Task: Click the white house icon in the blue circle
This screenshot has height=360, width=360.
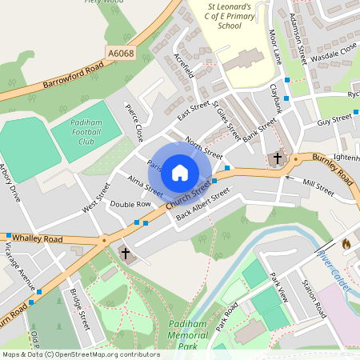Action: click(180, 172)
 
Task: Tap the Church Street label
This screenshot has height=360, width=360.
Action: click(189, 196)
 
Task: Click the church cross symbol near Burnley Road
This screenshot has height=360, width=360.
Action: click(278, 158)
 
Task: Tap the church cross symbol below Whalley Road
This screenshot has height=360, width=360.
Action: click(125, 254)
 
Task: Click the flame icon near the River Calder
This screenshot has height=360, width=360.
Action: click(346, 242)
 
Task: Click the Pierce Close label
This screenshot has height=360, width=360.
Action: click(134, 121)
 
